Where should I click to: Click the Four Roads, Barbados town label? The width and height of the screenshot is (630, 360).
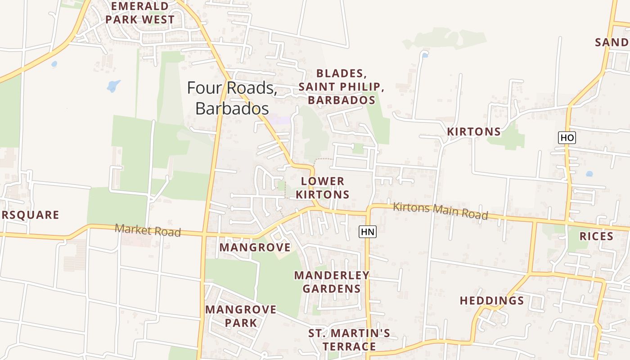tap(232, 98)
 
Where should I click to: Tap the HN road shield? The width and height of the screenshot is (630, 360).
tap(367, 232)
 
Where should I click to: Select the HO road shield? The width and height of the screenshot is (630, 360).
tap(567, 137)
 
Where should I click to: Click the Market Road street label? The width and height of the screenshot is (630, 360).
tap(148, 230)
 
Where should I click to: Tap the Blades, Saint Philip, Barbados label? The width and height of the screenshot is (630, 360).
tap(342, 86)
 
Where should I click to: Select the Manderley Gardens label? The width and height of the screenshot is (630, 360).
tap(332, 282)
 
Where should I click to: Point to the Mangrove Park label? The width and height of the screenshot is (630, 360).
tap(241, 316)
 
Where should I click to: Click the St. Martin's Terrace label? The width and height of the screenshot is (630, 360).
tap(349, 340)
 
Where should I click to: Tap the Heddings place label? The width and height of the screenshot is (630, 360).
tap(492, 301)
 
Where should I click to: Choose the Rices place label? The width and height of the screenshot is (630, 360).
tap(596, 236)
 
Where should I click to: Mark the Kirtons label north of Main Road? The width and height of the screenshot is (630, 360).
tap(474, 131)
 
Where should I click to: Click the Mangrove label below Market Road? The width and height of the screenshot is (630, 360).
tap(255, 247)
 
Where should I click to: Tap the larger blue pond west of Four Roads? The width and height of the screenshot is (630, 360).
tap(113, 85)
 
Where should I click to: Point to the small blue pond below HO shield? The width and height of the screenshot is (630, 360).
tap(589, 173)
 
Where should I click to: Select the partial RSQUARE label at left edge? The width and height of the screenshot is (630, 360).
tap(30, 215)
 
